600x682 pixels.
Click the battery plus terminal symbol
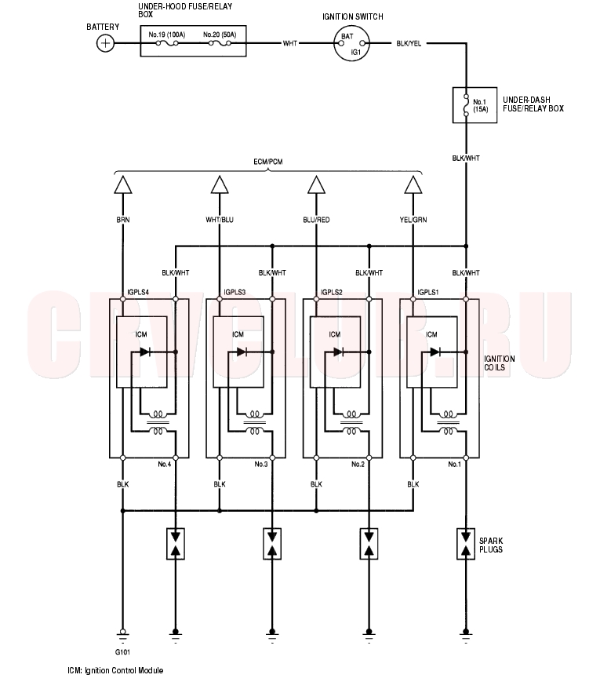point(104,43)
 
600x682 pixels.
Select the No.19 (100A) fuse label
point(167,35)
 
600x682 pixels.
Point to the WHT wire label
point(291,43)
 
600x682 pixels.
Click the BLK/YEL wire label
point(408,43)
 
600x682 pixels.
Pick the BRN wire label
point(122,221)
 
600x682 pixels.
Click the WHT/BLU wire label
point(220,221)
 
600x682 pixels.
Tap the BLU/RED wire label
point(316,221)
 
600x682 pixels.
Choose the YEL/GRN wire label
point(413,221)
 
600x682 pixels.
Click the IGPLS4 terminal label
point(138,292)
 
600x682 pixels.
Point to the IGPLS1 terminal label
point(429,292)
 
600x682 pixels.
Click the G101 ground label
point(122,651)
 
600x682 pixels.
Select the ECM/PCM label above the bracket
point(267,162)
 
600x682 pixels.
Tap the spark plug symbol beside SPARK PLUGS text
point(467,544)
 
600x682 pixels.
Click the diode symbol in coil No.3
point(242,352)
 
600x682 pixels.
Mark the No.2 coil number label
point(358,465)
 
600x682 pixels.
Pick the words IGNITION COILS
point(499,363)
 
